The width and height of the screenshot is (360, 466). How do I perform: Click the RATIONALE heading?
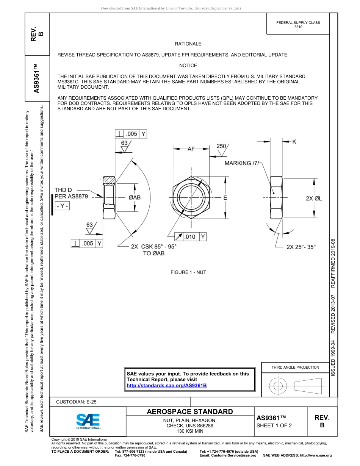(188, 44)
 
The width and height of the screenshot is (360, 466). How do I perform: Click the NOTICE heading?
(188, 66)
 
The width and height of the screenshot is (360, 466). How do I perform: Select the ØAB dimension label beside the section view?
(135, 197)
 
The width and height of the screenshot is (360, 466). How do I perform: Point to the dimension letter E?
(225, 197)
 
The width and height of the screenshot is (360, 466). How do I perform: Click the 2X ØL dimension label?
(314, 198)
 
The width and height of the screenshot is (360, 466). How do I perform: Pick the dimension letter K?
(294, 141)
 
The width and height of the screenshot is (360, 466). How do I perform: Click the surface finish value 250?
(222, 146)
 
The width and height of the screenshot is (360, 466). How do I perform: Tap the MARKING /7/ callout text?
(243, 163)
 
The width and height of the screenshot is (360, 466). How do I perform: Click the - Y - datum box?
(62, 206)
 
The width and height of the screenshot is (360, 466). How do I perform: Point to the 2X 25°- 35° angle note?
(301, 247)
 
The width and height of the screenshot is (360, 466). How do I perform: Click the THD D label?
(63, 189)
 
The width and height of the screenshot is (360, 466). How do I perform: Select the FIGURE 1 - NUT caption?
(188, 272)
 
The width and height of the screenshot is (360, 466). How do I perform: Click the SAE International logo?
(88, 421)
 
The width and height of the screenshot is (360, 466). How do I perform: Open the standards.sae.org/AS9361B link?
(166, 386)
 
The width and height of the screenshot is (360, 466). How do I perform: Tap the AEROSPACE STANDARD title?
(190, 412)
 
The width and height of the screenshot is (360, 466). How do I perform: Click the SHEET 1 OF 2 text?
(274, 425)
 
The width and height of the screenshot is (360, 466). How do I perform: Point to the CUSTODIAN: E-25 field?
(77, 402)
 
